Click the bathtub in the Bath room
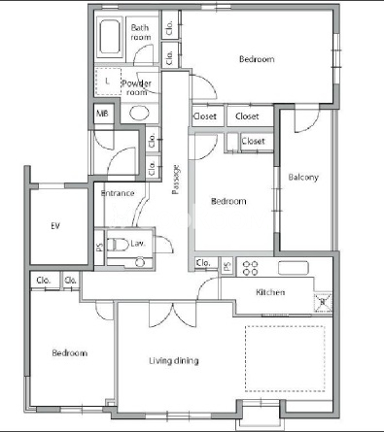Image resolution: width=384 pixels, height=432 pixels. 110,37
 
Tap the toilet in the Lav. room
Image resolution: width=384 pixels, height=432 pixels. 118,245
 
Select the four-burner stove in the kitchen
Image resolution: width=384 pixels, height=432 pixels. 251,268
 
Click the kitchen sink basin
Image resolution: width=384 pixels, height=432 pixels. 293,268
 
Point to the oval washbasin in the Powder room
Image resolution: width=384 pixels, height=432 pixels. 139,113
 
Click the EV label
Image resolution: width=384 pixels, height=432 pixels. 55,226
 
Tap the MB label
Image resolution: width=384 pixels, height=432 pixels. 102,114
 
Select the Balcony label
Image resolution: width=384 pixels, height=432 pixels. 303,178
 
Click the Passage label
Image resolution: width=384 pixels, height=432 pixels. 176,180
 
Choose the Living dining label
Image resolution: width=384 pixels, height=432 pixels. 174,361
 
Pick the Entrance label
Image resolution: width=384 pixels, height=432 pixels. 118,193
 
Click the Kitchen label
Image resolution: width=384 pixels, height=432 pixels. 270,292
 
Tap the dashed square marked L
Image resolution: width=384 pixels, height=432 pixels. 108,82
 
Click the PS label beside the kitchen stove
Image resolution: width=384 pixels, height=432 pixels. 227,266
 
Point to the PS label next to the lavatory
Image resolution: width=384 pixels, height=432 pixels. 99,248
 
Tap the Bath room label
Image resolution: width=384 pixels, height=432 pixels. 141,32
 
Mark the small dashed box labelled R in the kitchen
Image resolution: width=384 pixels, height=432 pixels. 323,303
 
